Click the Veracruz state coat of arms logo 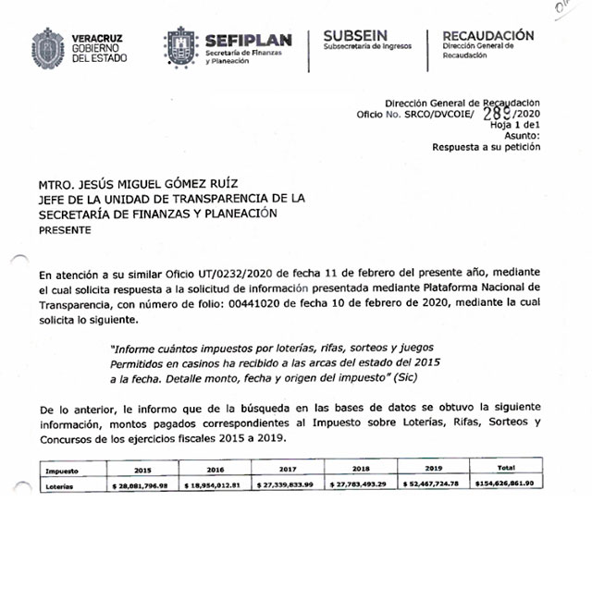(x=48, y=46)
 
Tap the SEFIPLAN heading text (x=248, y=40)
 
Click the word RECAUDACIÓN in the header (x=487, y=35)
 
